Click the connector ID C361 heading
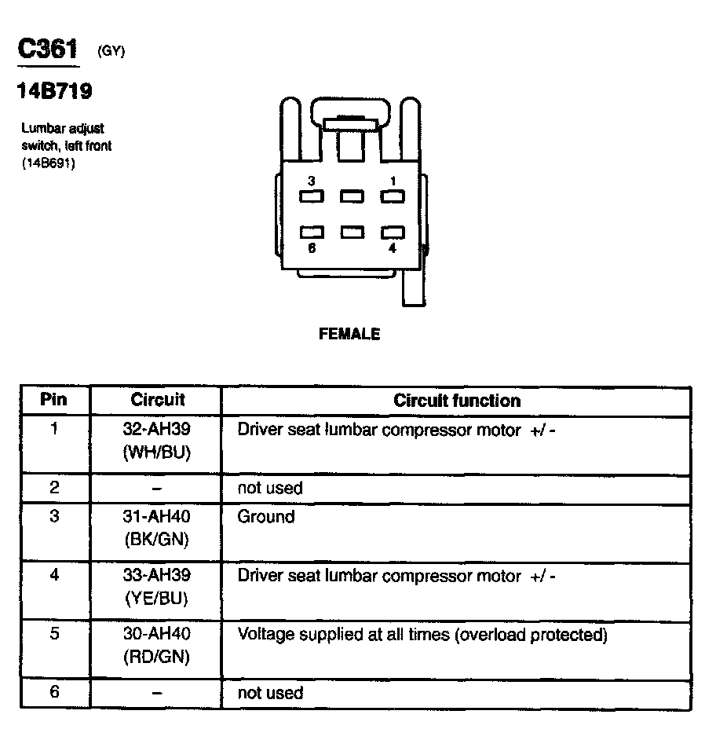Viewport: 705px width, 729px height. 48,49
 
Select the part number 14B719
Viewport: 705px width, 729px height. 54,93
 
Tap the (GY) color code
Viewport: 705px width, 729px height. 111,52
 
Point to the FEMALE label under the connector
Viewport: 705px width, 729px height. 349,335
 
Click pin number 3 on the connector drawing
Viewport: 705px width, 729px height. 312,181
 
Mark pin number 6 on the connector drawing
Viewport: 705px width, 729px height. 312,248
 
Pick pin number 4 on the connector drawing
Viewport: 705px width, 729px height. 392,248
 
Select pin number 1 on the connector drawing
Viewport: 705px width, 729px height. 393,181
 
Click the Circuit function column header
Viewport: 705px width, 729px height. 456,401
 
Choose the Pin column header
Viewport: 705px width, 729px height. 54,400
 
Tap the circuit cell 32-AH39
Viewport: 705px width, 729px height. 157,430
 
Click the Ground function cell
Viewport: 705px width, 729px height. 266,517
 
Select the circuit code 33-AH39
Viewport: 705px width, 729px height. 157,576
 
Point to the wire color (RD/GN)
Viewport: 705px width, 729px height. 157,657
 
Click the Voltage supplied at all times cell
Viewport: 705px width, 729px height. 422,635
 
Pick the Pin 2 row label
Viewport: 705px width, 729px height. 54,488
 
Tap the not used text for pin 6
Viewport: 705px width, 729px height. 270,693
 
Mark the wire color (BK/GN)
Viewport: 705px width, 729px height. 157,540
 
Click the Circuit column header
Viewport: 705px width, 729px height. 157,400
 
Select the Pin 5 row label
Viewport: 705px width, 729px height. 54,634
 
